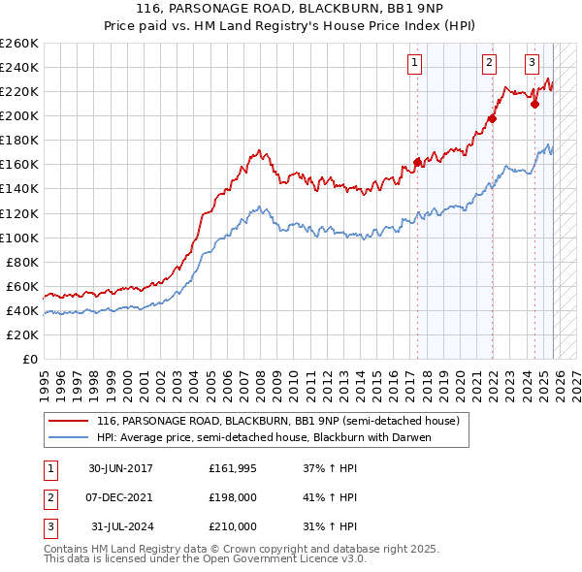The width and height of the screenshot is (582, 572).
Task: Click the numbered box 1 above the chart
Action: pyautogui.click(x=415, y=64)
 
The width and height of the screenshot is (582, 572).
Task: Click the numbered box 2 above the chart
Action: pyautogui.click(x=489, y=64)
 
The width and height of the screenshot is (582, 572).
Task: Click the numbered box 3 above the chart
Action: pyautogui.click(x=533, y=64)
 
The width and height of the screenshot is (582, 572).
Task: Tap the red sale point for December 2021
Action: pyautogui.click(x=492, y=118)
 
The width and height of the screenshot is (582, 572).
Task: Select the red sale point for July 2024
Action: pyautogui.click(x=534, y=104)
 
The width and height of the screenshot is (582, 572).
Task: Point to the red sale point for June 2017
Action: pyautogui.click(x=417, y=162)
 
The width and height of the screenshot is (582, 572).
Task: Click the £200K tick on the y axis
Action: pyautogui.click(x=19, y=115)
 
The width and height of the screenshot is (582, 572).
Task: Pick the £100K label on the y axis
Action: pyautogui.click(x=19, y=238)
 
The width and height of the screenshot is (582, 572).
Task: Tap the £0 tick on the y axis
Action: pyautogui.click(x=29, y=359)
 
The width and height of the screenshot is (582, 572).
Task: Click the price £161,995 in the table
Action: pyautogui.click(x=233, y=469)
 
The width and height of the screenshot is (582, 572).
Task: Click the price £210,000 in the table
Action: pyautogui.click(x=233, y=526)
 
